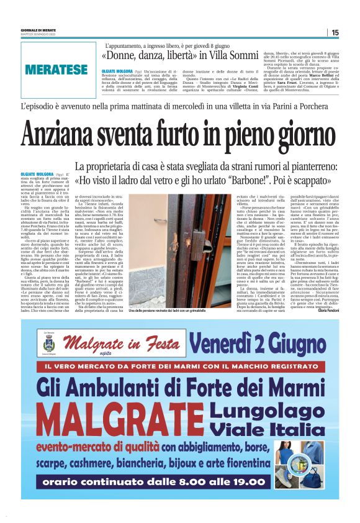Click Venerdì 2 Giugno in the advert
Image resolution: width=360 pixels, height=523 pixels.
(x=256, y=343)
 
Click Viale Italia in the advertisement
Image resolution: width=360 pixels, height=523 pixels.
(x=272, y=429)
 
